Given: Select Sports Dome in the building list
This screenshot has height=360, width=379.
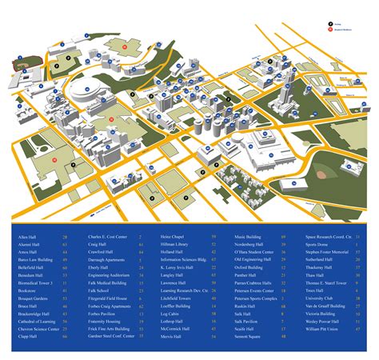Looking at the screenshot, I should [317, 244].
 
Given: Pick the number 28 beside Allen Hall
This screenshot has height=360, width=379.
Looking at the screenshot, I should [65, 237].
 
